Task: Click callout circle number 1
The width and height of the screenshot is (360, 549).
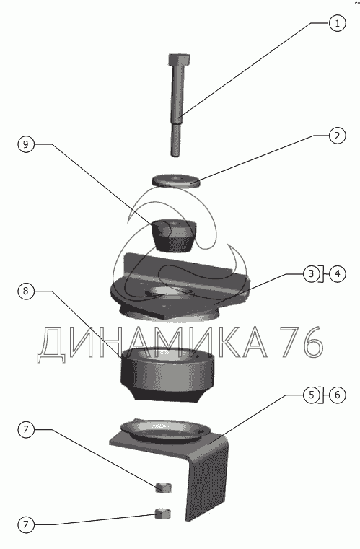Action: (337, 24)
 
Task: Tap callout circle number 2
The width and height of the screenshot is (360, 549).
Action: (337, 136)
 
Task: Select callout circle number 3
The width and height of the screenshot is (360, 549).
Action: (312, 274)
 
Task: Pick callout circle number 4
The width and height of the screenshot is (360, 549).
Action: (337, 274)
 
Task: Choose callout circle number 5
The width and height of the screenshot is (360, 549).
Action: (312, 395)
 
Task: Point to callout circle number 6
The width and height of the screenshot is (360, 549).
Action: (337, 395)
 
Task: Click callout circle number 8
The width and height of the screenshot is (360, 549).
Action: (26, 291)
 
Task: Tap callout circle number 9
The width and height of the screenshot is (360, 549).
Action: (26, 144)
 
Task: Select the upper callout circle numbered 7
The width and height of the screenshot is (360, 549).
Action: (26, 430)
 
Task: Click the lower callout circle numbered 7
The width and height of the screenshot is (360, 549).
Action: (26, 524)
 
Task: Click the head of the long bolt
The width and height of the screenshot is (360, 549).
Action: (180, 60)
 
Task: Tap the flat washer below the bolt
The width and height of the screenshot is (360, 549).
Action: (176, 181)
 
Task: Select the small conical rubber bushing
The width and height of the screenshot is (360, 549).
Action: (174, 235)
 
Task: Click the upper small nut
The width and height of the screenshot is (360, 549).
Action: (163, 488)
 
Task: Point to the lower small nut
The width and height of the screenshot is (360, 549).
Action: (163, 514)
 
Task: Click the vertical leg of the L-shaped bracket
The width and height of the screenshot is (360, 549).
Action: (206, 483)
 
